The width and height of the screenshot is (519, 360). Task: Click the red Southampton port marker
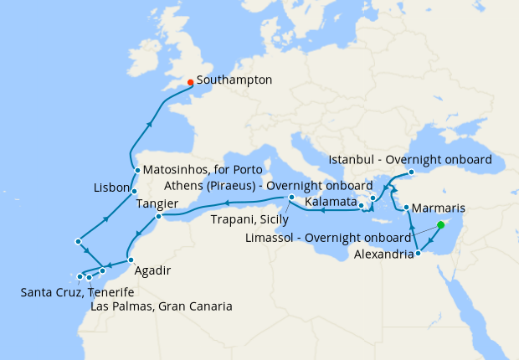pyautogui.click(x=191, y=82)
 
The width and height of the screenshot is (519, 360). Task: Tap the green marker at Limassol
pyautogui.click(x=441, y=225)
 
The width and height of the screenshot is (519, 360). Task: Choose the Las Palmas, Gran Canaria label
pyautogui.click(x=161, y=306)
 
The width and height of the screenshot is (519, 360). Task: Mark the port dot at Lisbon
pyautogui.click(x=134, y=192)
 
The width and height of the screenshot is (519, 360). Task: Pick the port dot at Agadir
pyautogui.click(x=131, y=260)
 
